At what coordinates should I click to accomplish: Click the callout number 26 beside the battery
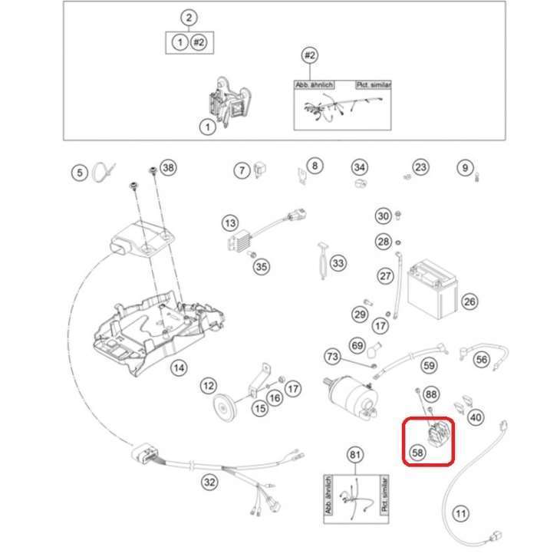pos(469,301)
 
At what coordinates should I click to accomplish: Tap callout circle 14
pos(178,368)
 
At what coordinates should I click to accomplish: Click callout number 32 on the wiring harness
pos(209,483)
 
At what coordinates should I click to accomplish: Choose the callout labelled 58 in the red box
pos(417,453)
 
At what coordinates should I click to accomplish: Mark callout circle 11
pos(460,513)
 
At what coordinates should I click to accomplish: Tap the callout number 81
pos(354,455)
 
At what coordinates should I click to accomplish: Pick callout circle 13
pos(230,223)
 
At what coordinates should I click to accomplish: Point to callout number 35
pos(262,267)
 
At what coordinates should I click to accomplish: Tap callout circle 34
pos(360,167)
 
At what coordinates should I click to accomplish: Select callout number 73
pos(332,357)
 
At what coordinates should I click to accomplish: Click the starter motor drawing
pos(351,396)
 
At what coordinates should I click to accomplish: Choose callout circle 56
pos(481,358)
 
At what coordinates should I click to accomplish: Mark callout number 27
pos(385,276)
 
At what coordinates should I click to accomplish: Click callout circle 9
pos(463,166)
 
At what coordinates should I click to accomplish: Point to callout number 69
pos(357,345)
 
